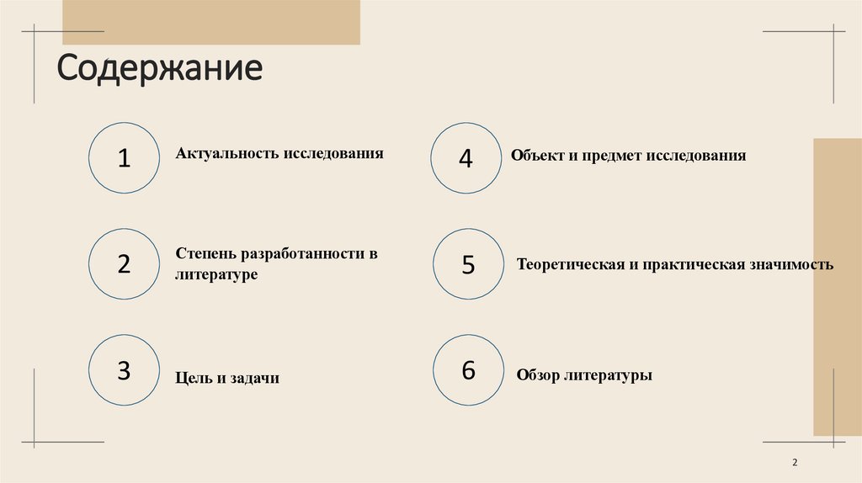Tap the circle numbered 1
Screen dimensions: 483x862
point(124,157)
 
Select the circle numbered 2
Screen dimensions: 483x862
point(124,263)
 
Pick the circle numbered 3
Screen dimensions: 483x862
point(124,370)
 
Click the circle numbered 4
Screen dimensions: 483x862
point(466,157)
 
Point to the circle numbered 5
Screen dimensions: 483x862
point(468,263)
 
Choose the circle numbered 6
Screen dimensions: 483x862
point(468,369)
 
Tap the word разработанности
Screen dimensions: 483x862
point(302,254)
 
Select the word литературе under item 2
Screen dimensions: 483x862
point(216,274)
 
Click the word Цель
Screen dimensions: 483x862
point(194,379)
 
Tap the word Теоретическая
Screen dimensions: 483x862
point(568,264)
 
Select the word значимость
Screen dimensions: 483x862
point(790,264)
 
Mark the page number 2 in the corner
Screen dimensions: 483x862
point(795,463)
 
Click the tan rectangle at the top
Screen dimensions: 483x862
point(211,22)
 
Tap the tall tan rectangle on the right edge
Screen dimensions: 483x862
point(837,286)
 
